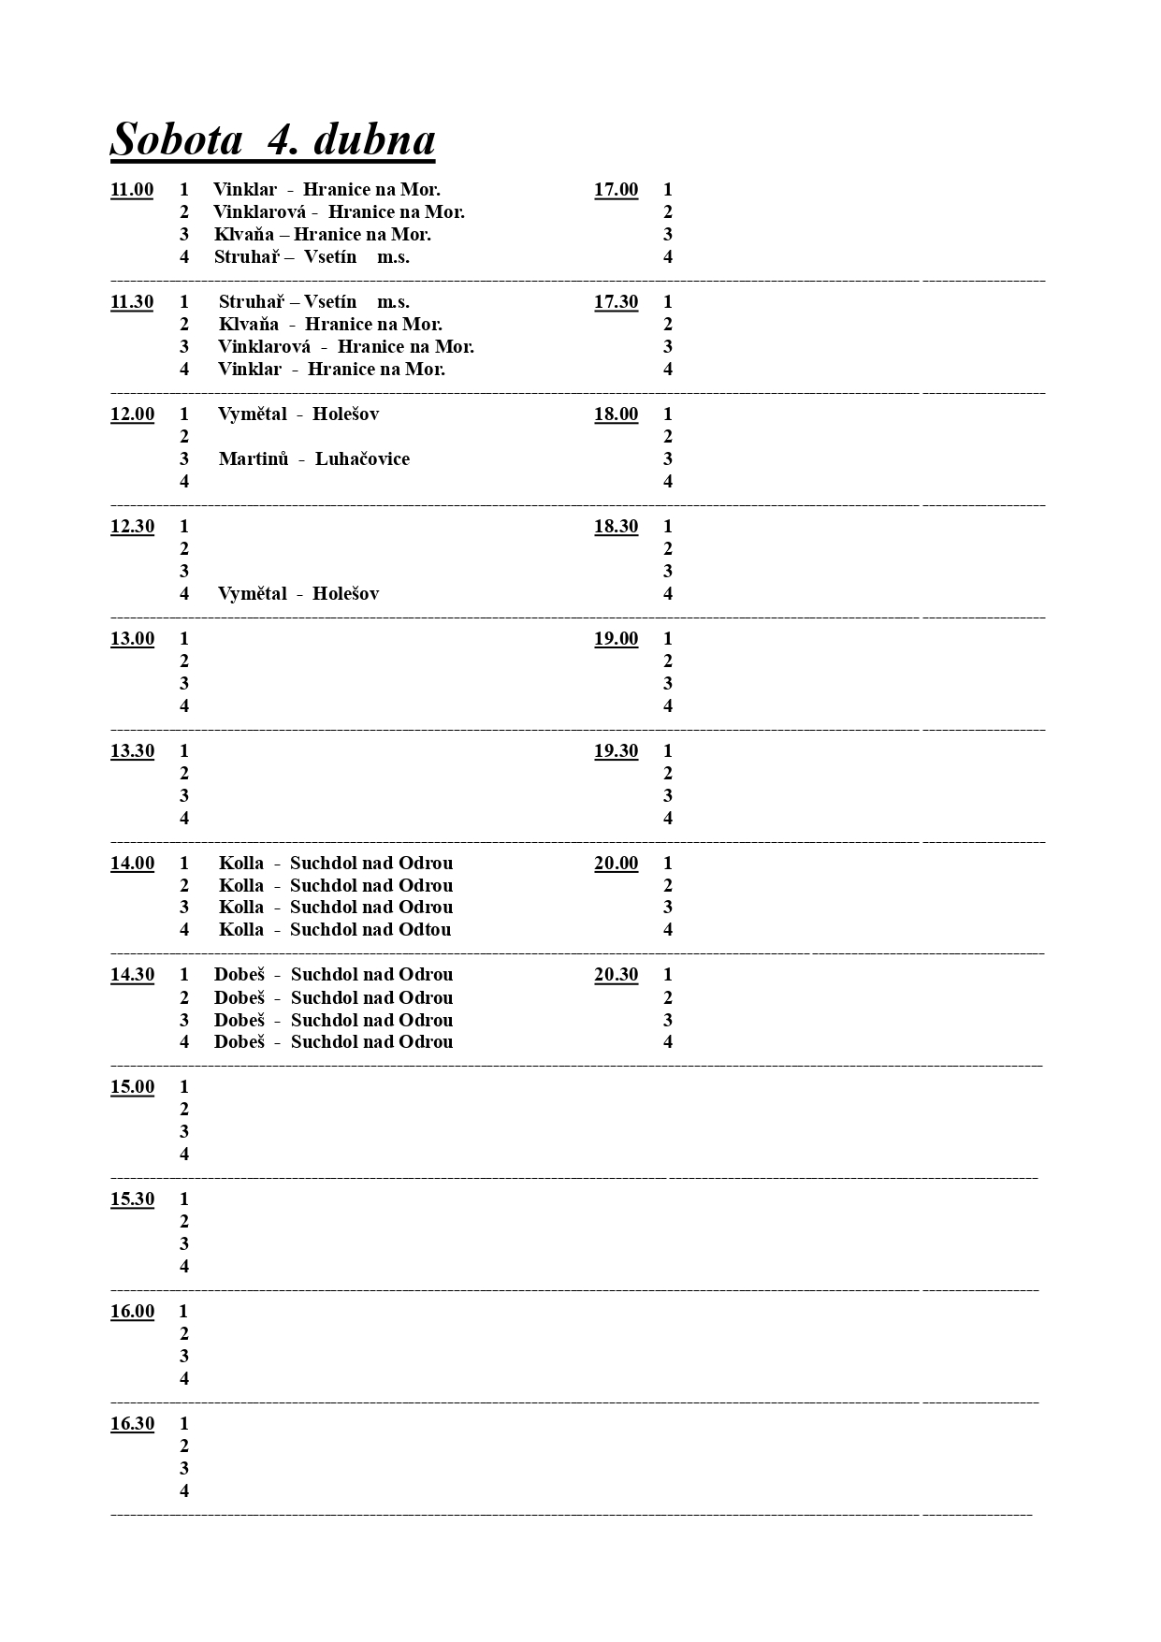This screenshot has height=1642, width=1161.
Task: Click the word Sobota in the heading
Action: coord(176,140)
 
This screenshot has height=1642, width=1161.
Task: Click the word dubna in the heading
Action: coord(374,140)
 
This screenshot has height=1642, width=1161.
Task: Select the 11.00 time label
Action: coord(132,190)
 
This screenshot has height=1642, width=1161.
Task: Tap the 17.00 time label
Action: coord(616,190)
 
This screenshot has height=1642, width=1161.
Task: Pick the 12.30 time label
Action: coord(132,527)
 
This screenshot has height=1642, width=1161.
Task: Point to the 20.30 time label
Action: coord(616,975)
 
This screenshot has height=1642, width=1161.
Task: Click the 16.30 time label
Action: coord(132,1424)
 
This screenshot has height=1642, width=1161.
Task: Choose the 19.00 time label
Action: coord(616,639)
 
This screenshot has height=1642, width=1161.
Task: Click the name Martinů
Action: coord(254,459)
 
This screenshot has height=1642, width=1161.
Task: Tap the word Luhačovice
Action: coord(362,459)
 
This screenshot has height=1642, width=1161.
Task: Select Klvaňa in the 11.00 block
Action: coord(244,235)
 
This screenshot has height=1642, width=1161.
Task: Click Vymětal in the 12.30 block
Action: coord(253,594)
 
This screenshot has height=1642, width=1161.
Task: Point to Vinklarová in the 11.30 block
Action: coord(264,347)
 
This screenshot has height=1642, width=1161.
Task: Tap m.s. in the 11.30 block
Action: coord(393,302)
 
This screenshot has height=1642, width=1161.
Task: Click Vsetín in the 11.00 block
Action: coord(330,257)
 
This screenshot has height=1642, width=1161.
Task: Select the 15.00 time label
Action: coord(132,1087)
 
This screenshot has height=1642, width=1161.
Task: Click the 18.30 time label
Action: coord(616,527)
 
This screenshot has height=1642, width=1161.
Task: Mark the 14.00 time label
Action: coord(132,864)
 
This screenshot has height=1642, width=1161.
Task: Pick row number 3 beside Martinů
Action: coord(184,459)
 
